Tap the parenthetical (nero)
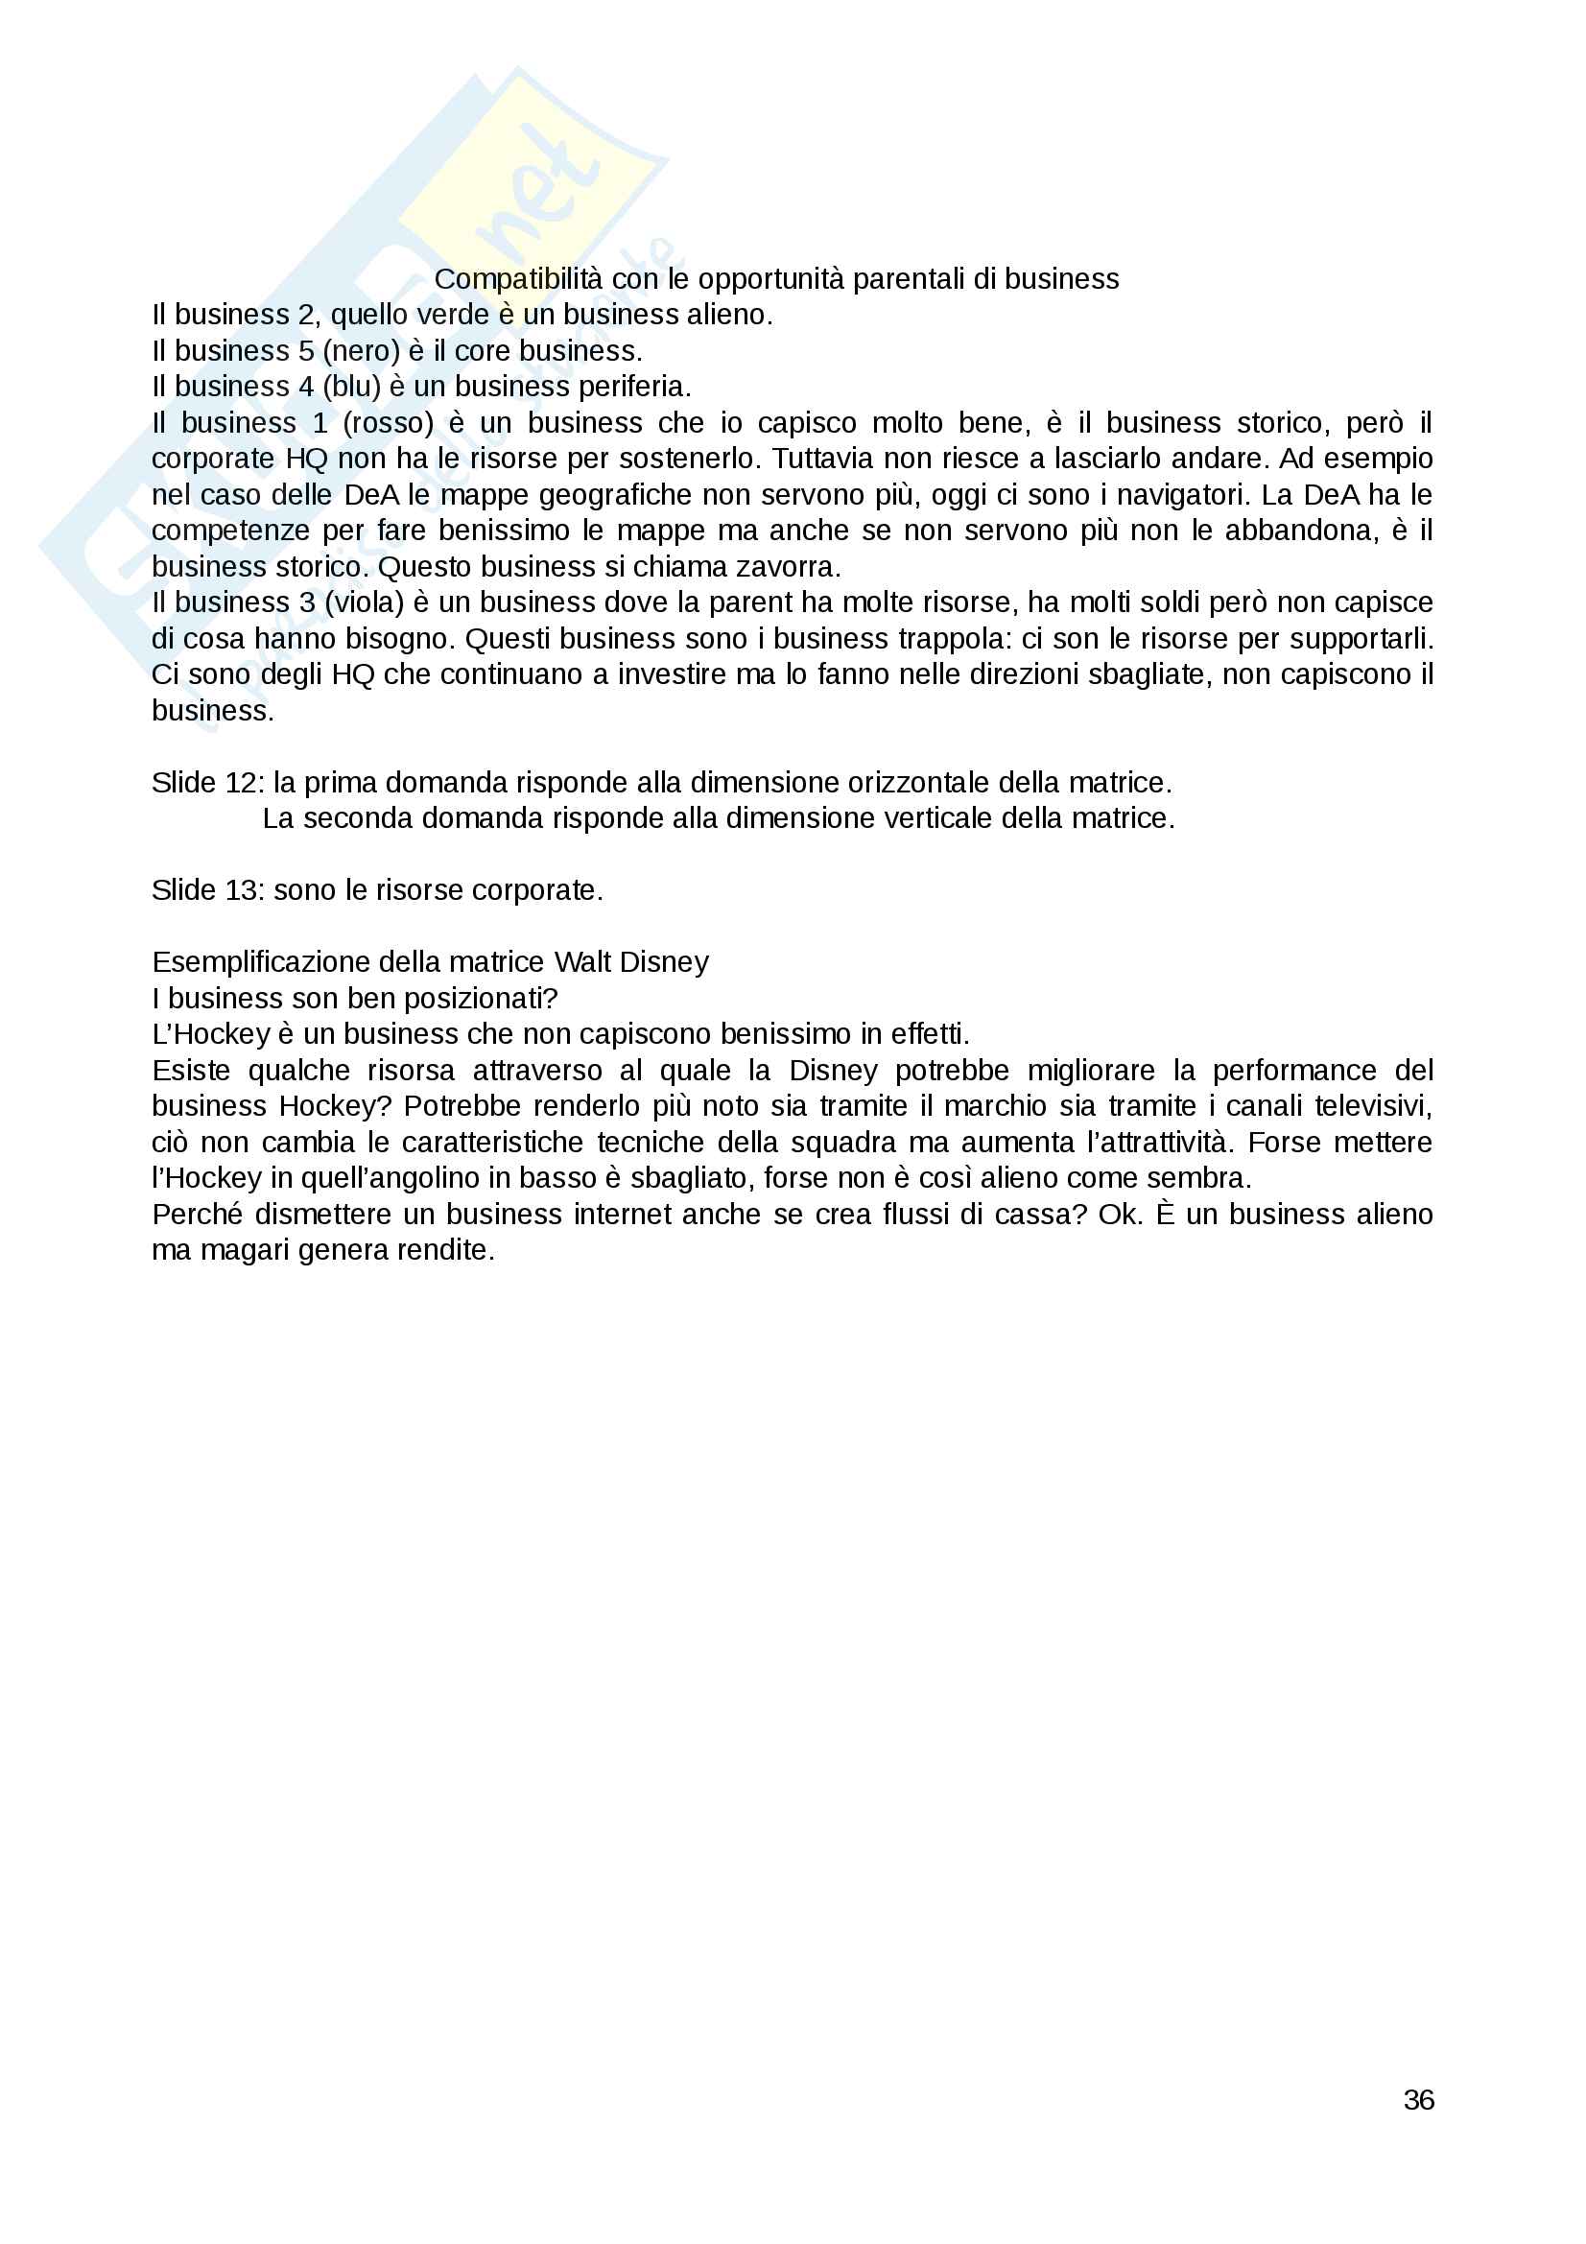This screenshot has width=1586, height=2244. click(360, 351)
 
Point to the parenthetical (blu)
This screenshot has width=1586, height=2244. click(351, 387)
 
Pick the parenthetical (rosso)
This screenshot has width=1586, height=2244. click(388, 423)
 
